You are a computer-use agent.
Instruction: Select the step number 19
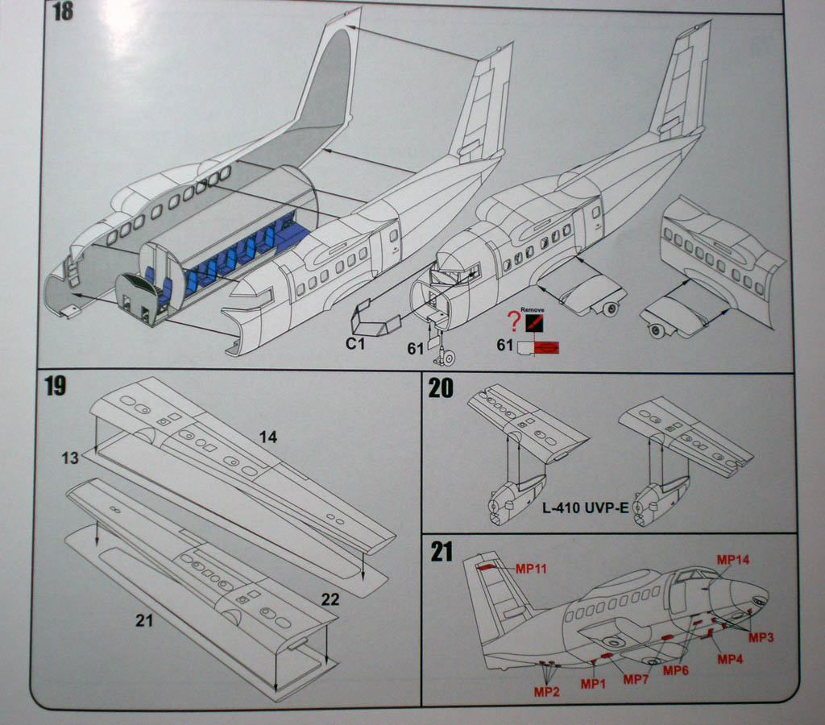pos(55,386)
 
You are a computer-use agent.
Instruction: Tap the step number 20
pos(441,388)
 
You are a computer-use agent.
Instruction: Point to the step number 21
pos(442,553)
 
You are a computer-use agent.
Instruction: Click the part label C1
pos(356,344)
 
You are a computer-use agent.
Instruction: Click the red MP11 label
pos(532,569)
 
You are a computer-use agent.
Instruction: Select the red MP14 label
pos(733,559)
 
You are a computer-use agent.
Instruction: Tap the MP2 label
pos(546,691)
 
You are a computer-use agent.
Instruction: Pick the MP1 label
pos(593,684)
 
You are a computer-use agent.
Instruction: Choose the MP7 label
pos(636,680)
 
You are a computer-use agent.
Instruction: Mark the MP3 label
pos(761,637)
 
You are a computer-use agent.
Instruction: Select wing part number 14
pos(268,437)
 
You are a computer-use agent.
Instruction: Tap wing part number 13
pos(70,458)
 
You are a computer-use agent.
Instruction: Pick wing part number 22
pos(330,599)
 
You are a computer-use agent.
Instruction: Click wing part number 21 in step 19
pos(144,620)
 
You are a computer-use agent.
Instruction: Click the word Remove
pos(533,309)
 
